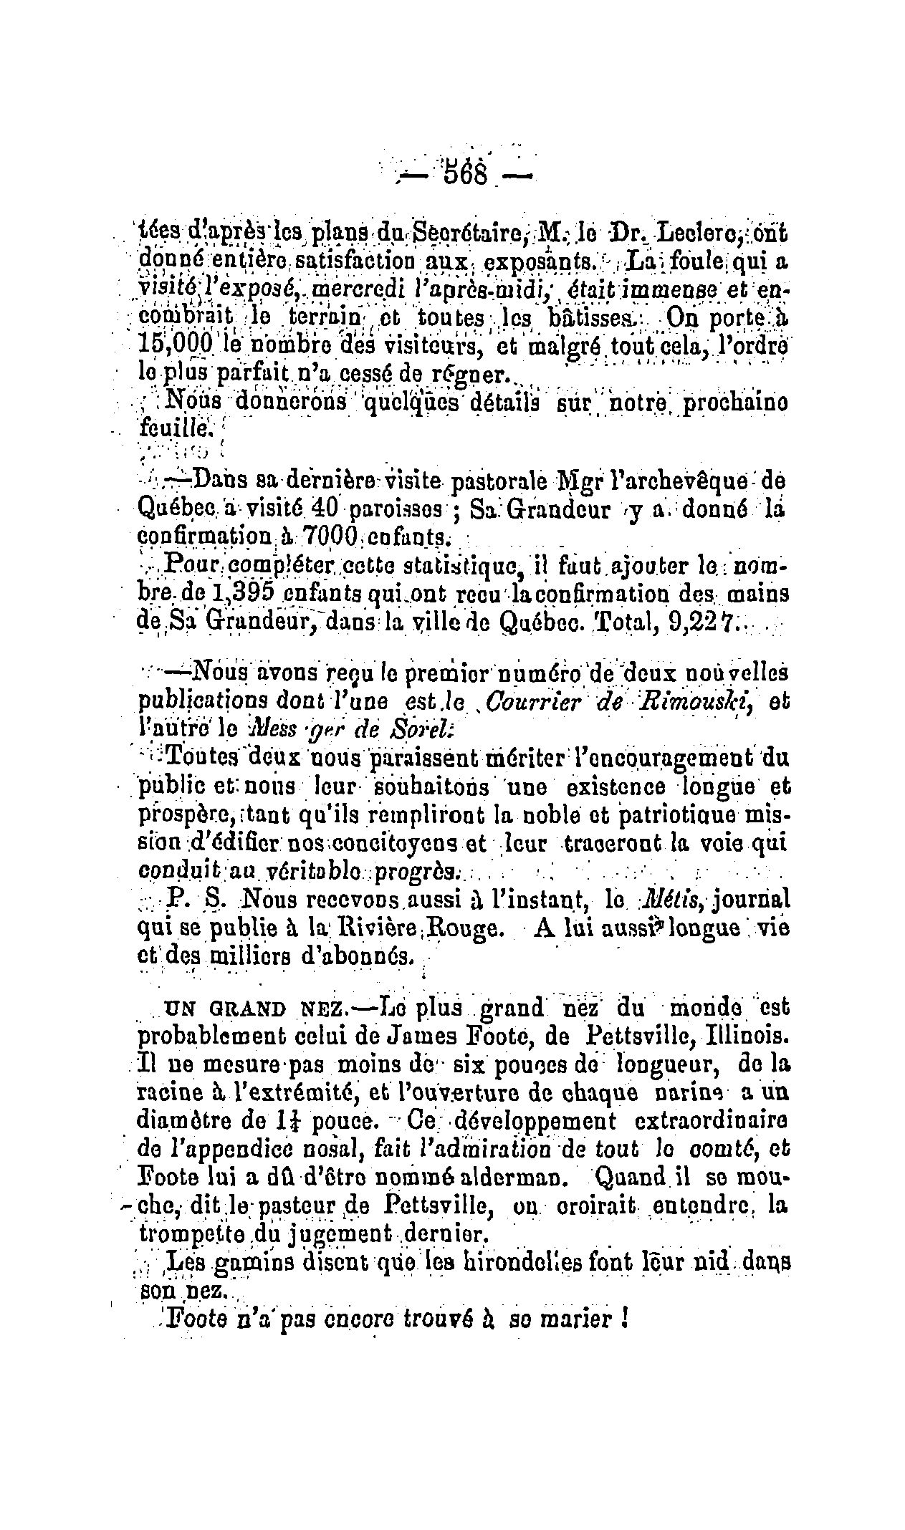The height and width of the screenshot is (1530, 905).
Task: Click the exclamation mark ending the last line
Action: pyautogui.click(x=626, y=1320)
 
